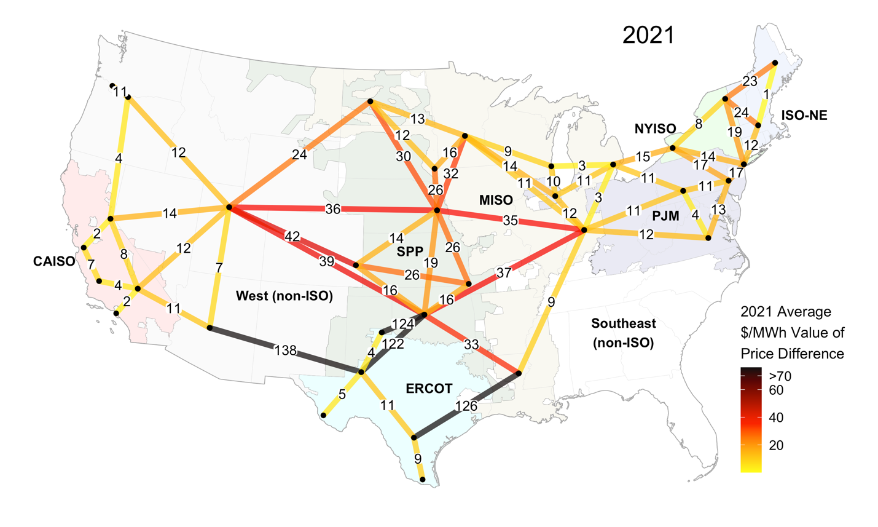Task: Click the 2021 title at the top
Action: (648, 35)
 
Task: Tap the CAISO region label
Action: (54, 261)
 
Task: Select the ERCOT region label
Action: (429, 389)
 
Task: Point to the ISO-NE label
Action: (804, 115)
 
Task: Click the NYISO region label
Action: (655, 129)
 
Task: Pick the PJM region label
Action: (665, 216)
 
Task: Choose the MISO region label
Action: (496, 200)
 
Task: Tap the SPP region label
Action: (410, 252)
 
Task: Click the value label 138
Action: (286, 351)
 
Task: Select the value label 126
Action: (466, 406)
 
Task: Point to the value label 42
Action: (292, 236)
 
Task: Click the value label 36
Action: (332, 209)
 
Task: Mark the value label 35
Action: (510, 220)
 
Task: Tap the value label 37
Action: (503, 272)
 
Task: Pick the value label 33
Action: (471, 345)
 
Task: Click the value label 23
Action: (750, 81)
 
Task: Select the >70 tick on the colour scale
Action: (780, 376)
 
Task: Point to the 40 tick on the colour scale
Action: (775, 418)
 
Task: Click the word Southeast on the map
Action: (623, 323)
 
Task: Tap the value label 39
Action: (326, 261)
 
